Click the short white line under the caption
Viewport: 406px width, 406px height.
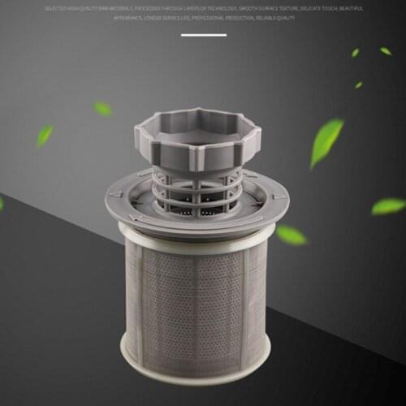pos(203,35)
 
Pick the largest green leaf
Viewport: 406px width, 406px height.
pos(326,141)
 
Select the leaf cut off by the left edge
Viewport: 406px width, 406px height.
pos(2,203)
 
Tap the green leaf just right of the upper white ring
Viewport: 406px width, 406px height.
pos(291,235)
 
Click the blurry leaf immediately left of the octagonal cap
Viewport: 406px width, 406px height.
pos(103,108)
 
